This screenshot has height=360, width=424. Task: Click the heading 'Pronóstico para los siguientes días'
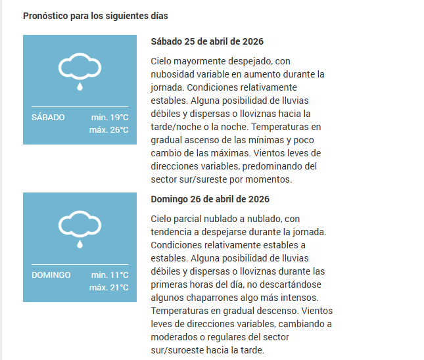95,15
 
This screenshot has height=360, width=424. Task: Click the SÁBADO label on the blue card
48,118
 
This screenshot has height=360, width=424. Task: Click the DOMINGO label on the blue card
51,275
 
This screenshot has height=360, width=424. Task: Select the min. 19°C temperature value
110,118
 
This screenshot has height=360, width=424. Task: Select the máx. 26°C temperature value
108,130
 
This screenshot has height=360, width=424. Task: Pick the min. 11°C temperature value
110,275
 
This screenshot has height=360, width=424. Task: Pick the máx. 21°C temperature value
108,288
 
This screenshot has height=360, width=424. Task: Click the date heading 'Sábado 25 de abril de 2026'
207,41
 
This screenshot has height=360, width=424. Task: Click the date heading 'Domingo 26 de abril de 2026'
210,199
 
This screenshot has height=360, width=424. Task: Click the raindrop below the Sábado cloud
80,85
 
